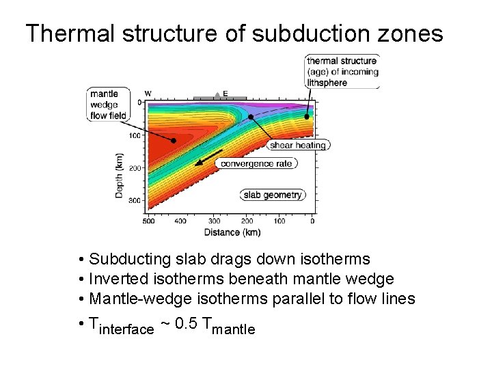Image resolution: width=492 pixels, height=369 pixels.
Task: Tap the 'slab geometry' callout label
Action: [x=273, y=195]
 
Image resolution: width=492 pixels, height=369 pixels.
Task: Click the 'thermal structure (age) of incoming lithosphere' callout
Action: [x=342, y=71]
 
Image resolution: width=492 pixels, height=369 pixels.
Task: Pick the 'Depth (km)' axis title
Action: [x=120, y=176]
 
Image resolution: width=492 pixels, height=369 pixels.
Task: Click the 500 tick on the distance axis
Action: [x=148, y=221]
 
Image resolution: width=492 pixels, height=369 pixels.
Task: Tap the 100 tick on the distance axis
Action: [x=279, y=221]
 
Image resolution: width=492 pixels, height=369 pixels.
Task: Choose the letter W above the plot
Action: [x=148, y=94]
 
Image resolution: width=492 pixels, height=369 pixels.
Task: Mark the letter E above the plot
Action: [x=225, y=94]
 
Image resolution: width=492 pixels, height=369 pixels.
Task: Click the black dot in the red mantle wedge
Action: [x=174, y=141]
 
